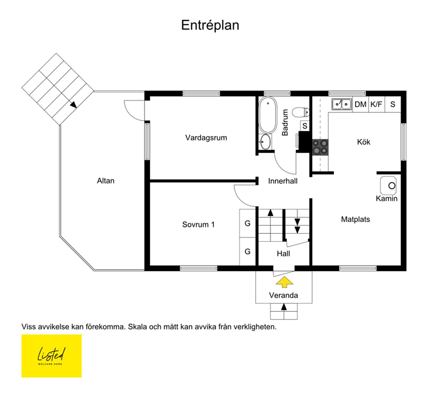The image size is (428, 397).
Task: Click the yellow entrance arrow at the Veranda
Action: click(285, 282)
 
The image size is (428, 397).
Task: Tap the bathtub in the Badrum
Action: click(268, 115)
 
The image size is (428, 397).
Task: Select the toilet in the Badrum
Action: click(301, 112)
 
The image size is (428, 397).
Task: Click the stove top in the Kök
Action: click(320, 147)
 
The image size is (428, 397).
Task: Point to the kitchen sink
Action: click(342, 104)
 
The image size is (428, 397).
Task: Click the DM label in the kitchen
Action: click(360, 104)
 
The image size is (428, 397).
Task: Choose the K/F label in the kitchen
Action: click(376, 104)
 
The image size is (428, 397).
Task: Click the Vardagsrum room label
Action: click(206, 138)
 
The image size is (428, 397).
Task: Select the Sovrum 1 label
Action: click(199, 225)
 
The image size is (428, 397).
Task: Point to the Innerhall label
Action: click(283, 181)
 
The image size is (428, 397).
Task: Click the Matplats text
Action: click(356, 219)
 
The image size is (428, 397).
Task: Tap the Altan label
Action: click(105, 181)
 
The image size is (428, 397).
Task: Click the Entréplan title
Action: click(210, 25)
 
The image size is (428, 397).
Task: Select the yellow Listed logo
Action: click(51, 356)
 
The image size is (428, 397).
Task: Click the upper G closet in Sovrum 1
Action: click(247, 223)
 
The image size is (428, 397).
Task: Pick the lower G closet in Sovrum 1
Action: click(247, 252)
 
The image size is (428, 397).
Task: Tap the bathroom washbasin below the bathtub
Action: click(265, 142)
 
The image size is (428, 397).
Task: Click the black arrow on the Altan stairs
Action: click(73, 105)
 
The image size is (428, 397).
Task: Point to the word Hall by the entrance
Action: click(283, 254)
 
